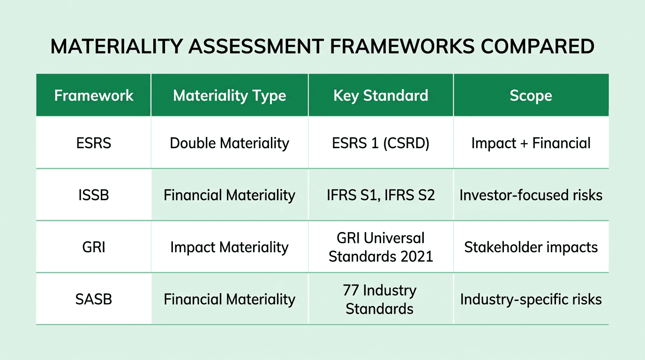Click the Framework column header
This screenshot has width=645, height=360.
(x=94, y=96)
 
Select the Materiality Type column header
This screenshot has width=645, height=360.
(x=229, y=96)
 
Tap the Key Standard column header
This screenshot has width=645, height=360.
(x=381, y=96)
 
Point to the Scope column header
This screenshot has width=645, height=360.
(x=531, y=96)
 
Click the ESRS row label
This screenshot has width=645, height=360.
(x=94, y=143)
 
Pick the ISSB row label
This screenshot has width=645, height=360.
(x=94, y=195)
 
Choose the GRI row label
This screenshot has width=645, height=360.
(x=94, y=247)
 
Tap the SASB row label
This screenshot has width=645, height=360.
(x=94, y=299)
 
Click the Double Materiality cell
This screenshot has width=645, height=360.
(x=229, y=143)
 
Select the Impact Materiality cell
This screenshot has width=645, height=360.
(x=229, y=247)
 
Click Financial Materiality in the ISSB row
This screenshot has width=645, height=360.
(x=229, y=195)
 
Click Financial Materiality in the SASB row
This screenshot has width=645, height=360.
(x=229, y=299)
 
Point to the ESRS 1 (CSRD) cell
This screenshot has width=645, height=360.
(x=381, y=143)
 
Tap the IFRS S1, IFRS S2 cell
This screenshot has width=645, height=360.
(x=381, y=195)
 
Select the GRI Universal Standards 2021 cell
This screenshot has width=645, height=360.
(x=381, y=247)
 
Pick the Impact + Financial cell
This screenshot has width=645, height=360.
(x=531, y=143)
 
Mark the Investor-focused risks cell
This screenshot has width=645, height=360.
(x=531, y=195)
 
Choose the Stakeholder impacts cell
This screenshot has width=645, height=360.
(x=531, y=247)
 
